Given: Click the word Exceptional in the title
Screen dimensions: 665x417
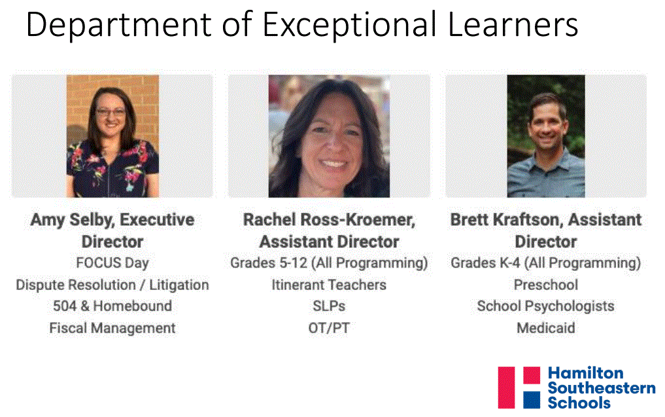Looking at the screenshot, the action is click(x=349, y=26).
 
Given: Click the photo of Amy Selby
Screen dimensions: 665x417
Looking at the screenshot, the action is click(x=113, y=136).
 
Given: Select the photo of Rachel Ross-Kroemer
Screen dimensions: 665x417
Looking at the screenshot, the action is click(x=329, y=136).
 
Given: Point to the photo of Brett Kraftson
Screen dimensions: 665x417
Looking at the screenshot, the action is click(x=546, y=136).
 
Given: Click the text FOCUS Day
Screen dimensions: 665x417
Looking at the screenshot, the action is click(x=112, y=263).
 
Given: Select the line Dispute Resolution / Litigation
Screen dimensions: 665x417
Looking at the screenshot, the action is click(x=112, y=285).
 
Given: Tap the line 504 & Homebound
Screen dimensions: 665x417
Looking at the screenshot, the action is click(x=112, y=306).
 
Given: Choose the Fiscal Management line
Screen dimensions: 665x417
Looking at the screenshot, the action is click(x=112, y=328).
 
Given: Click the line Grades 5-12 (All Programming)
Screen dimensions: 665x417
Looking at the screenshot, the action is click(x=329, y=263).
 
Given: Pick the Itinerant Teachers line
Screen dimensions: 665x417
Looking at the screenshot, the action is click(x=329, y=285).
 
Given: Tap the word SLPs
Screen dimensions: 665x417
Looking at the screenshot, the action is click(x=329, y=306).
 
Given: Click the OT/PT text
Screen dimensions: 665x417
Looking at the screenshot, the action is click(x=329, y=328).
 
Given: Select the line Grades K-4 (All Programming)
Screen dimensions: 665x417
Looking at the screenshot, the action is click(x=546, y=263).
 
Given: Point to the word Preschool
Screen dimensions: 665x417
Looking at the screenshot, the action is click(x=546, y=285).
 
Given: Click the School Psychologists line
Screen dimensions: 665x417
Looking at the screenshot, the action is click(x=546, y=306).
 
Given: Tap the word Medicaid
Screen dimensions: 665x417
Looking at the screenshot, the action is click(x=546, y=328).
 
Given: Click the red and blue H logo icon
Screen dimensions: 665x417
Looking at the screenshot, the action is click(x=519, y=388).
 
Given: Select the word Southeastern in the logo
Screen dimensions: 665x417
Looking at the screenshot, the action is click(x=602, y=388).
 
